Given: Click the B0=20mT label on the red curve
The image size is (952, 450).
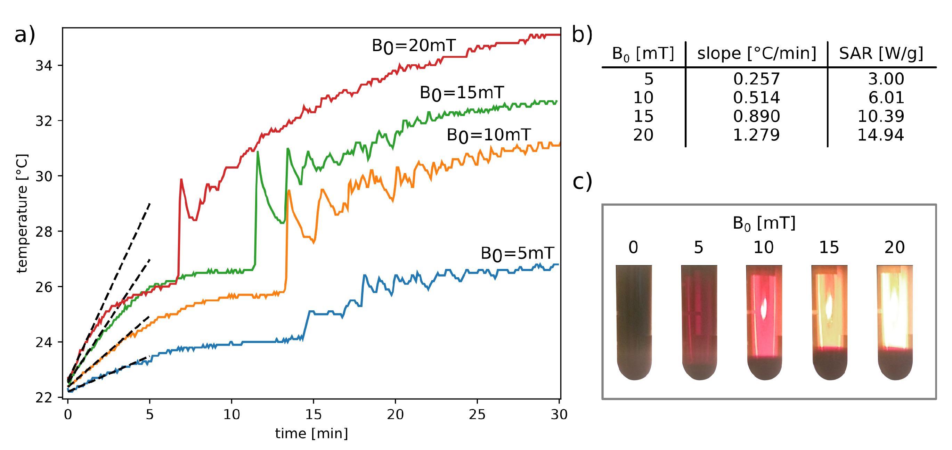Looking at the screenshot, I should click(414, 46).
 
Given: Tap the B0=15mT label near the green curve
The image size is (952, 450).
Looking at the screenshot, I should click(462, 93).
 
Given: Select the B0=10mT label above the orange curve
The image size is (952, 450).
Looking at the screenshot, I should click(489, 135).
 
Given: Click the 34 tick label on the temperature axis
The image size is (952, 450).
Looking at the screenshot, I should click(43, 66).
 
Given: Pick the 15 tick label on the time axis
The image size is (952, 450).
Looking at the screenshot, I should click(313, 415).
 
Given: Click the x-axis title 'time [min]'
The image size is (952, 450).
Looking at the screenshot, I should click(311, 433).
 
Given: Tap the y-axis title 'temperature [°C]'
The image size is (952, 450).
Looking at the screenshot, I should click(22, 214).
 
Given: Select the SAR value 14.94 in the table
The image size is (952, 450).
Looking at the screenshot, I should click(880, 135).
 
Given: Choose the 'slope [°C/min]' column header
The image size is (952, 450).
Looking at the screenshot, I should click(757, 54).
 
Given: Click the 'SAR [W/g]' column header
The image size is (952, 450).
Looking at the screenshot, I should click(881, 54).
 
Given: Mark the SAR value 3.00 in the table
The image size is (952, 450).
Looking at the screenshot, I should click(886, 79).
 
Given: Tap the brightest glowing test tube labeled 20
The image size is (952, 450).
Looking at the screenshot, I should click(895, 321).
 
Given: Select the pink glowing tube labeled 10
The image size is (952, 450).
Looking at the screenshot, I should click(764, 321).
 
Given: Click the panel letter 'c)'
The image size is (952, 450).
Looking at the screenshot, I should click(582, 182).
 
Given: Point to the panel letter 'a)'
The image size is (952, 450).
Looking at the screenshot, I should click(25, 35).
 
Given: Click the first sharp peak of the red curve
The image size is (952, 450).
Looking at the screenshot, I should click(181, 180).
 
